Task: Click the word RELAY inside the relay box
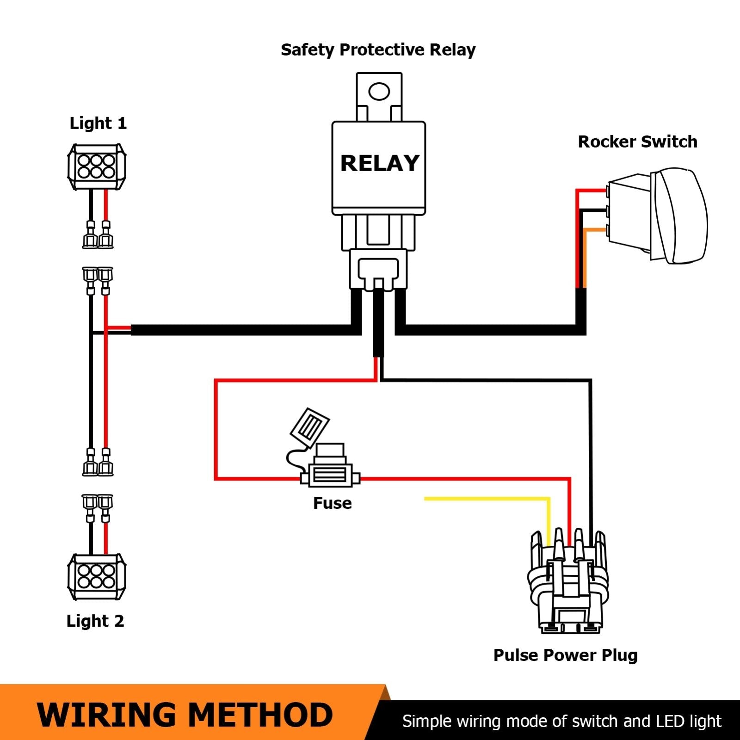coord(379,163)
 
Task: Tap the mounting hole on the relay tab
coord(379,91)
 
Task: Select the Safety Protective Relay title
coord(378,50)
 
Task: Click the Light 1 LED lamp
coord(96,166)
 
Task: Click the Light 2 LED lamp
coord(96,576)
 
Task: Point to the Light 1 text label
coord(98,123)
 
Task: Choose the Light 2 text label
coord(95,621)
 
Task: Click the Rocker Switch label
coord(637,142)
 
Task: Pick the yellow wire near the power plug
coord(486,499)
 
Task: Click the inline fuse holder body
coord(329,475)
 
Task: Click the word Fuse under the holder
coord(332,503)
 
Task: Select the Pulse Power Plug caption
coord(565,655)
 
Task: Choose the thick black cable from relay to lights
coord(240,330)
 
